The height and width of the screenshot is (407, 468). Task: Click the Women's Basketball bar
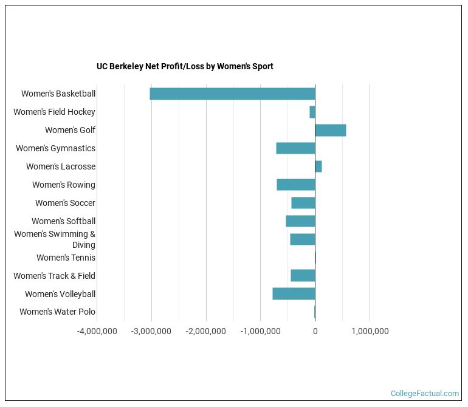tap(232, 94)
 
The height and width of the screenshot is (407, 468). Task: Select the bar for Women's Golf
tap(331, 130)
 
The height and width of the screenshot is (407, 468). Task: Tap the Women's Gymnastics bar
tap(295, 148)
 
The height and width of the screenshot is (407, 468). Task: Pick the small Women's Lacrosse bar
tap(318, 166)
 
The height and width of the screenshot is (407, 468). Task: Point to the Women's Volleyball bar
tap(294, 294)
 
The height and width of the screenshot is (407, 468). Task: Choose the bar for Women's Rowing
tap(296, 185)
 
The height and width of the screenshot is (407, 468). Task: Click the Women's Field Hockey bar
tap(312, 112)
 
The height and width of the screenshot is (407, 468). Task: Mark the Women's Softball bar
tap(300, 221)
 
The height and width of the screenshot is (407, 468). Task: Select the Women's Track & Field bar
tap(303, 276)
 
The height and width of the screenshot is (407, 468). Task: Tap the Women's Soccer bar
tap(303, 203)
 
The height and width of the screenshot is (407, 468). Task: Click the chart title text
tap(185, 66)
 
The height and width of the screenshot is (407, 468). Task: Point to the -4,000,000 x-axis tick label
tap(97, 331)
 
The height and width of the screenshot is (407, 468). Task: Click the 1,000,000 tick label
tap(370, 331)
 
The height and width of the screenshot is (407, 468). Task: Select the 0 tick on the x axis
tap(315, 331)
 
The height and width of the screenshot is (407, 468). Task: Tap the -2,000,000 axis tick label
tap(206, 331)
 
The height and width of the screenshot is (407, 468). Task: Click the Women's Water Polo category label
tap(57, 312)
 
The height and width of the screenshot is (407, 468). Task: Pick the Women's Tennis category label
tap(66, 258)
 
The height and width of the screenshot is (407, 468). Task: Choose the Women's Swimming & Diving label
tap(55, 239)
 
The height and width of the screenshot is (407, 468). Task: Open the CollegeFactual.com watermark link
tap(425, 394)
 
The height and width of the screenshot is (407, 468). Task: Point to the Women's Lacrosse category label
tap(61, 166)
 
